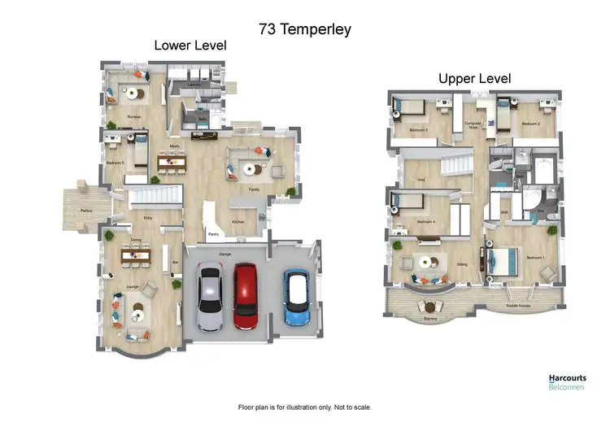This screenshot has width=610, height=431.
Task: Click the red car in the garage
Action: click(246, 294)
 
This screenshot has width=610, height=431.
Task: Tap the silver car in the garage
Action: click(209, 300)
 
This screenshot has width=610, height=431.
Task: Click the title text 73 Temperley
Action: click(304, 29)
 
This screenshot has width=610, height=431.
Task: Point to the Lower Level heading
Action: click(190, 46)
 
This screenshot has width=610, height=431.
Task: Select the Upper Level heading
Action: click(474, 79)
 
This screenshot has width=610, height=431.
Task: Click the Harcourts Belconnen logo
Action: click(568, 382)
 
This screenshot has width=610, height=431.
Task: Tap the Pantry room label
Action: click(214, 234)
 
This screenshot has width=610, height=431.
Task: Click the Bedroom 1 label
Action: click(536, 257)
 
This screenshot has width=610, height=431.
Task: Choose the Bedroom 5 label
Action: click(115, 163)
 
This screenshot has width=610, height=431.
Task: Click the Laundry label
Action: click(194, 85)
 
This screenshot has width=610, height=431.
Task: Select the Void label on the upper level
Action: click(420, 180)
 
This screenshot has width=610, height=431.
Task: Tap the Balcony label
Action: click(430, 319)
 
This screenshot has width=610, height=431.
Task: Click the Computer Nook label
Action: click(473, 125)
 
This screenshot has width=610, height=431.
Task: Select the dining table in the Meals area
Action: click(172, 163)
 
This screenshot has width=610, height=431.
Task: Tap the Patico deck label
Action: click(85, 210)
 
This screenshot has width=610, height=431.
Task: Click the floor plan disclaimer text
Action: click(304, 407)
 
